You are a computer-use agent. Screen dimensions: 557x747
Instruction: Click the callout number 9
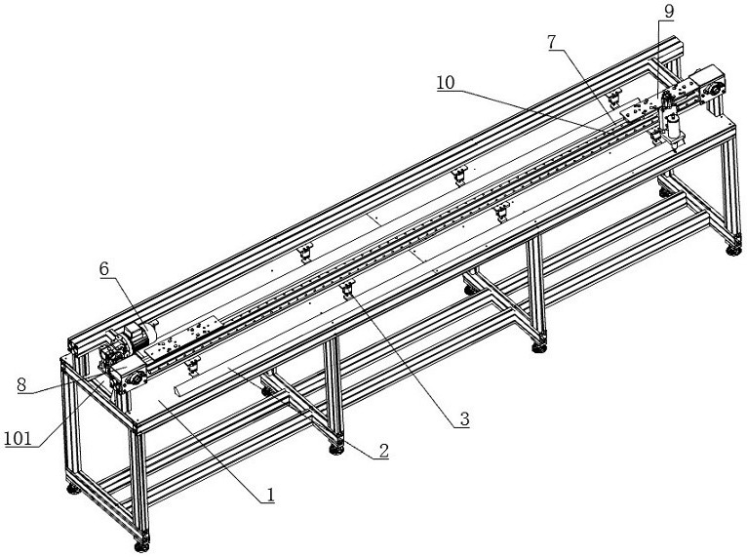pyautogui.click(x=668, y=11)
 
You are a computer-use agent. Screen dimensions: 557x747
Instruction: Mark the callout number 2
pyautogui.click(x=383, y=451)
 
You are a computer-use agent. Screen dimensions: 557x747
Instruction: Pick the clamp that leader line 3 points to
pyautogui.click(x=347, y=290)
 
